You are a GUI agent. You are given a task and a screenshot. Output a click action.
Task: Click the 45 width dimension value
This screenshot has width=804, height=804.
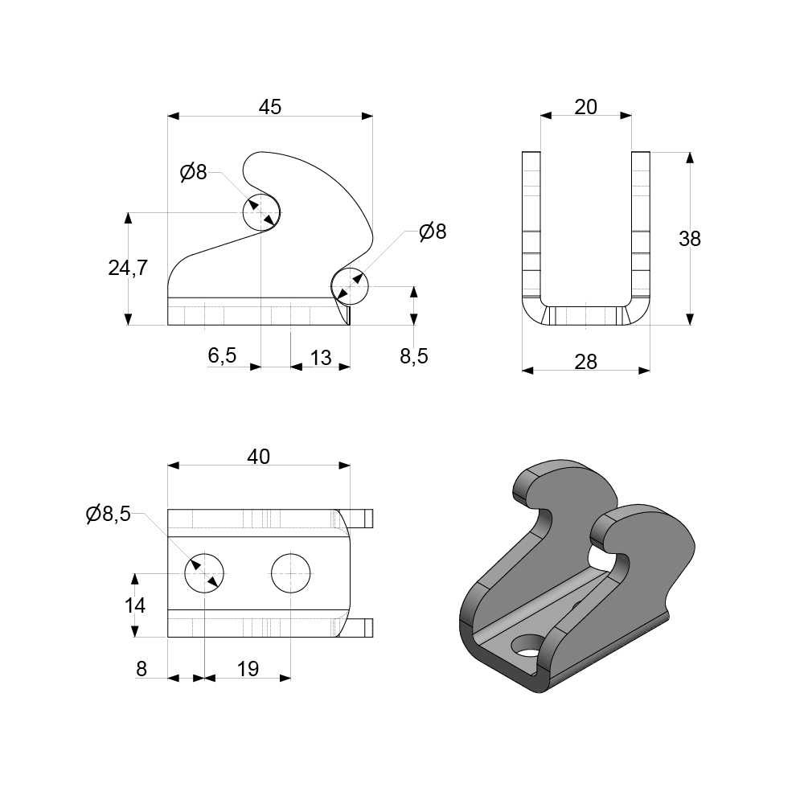[270, 107]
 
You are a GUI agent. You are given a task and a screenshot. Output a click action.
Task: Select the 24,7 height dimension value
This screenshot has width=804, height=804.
[128, 269]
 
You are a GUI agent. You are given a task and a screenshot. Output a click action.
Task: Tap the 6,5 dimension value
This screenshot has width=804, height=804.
[222, 356]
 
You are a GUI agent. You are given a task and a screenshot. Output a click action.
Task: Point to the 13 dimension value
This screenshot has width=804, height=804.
[320, 358]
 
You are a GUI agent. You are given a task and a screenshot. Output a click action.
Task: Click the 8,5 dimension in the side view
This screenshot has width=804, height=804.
[414, 356]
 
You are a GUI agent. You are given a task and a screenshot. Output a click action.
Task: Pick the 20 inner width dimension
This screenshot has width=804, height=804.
[586, 106]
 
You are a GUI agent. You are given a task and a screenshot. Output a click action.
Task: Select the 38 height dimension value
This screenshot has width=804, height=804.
[689, 239]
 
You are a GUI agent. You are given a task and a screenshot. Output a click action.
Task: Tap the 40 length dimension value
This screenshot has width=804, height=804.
[258, 457]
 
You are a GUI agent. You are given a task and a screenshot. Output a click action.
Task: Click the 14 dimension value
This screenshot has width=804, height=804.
[136, 605]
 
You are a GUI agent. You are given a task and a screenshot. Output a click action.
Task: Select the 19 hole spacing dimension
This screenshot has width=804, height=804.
[248, 669]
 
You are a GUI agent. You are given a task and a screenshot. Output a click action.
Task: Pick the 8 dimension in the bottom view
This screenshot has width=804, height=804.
[142, 669]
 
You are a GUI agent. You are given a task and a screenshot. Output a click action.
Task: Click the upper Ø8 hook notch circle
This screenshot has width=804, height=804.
[262, 212]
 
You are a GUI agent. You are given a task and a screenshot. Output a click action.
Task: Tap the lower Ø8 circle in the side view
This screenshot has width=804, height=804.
[350, 286]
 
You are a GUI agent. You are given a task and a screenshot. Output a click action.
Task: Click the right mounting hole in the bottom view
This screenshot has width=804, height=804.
[291, 573]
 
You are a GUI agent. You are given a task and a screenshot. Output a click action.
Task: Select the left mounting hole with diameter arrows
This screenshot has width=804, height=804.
[205, 573]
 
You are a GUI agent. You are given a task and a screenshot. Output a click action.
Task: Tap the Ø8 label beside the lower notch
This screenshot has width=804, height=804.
[432, 232]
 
